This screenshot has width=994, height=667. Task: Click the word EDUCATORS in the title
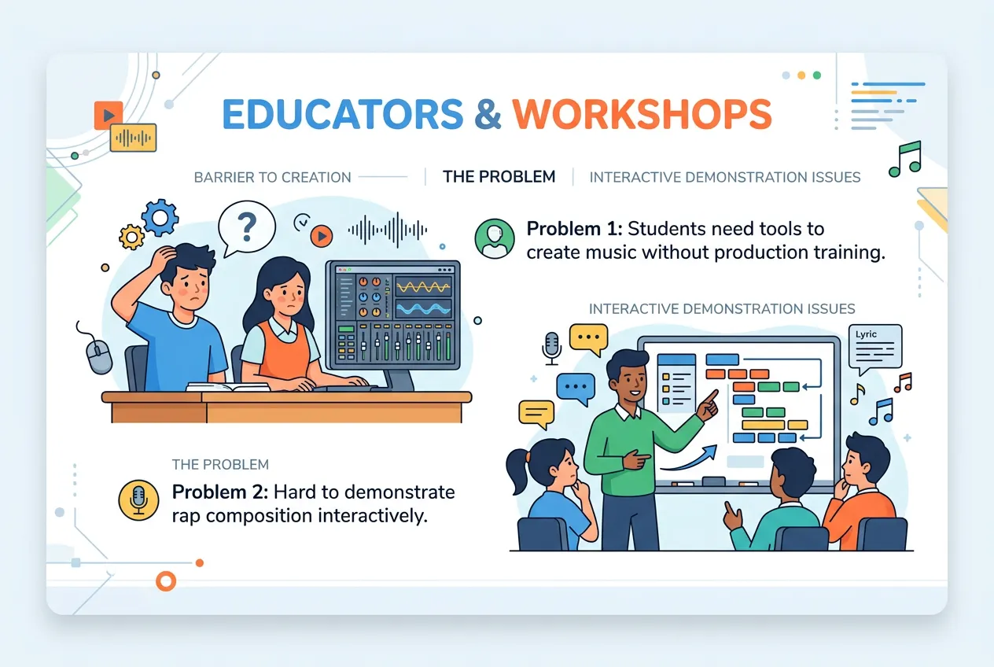point(342,115)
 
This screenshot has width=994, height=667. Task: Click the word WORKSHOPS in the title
point(642,115)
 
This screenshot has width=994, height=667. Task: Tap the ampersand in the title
point(488,115)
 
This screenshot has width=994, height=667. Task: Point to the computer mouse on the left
point(99,356)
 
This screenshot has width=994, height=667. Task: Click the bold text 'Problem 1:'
point(573,229)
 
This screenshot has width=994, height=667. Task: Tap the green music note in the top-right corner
point(904,159)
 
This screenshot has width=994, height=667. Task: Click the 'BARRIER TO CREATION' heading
point(272,177)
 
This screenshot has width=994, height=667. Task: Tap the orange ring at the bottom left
point(166,581)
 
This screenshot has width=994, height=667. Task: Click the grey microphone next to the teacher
point(551,346)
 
